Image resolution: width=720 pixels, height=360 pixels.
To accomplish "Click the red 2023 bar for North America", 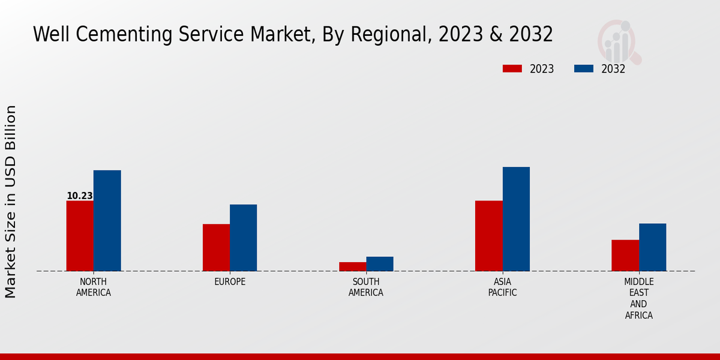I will point(80,236).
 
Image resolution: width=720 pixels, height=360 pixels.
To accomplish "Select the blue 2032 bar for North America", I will point(107,221).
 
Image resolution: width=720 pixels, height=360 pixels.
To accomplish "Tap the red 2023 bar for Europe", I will point(216,247).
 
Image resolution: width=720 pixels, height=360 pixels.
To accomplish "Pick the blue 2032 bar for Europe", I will point(243,238).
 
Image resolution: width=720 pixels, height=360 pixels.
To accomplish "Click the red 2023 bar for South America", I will point(352,266).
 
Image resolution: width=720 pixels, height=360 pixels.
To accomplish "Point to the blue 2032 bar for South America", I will point(380,264).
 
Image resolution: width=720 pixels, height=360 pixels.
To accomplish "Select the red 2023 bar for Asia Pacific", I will point(488,236).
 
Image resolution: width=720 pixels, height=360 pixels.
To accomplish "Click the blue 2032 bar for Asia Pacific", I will point(516,219).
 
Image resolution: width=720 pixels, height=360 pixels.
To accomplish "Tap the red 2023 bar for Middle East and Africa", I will point(625,256).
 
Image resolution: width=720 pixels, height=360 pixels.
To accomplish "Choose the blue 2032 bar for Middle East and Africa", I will point(652,247).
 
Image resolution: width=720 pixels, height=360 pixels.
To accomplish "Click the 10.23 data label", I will point(80,196).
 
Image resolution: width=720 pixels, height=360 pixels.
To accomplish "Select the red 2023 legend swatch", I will point(512,69).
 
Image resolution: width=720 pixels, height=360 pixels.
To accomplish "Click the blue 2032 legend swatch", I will point(583,69).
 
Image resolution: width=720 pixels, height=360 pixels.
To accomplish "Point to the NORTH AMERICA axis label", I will point(94,287).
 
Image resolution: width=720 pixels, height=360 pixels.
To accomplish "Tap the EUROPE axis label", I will point(230,282).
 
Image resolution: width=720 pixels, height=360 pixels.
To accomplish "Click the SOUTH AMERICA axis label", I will point(366,287).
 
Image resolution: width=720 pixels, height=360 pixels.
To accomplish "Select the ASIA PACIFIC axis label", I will point(502,287).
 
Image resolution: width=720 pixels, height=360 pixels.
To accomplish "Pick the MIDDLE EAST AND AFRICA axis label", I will point(639,299).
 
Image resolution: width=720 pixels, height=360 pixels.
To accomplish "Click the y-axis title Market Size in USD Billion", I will point(11,202).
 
